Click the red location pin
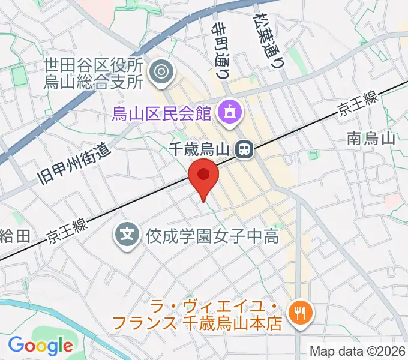[203, 175]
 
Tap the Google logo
[40, 346]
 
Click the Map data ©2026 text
[358, 351]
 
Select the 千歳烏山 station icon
[244, 148]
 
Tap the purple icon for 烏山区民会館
[229, 110]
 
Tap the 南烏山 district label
[371, 140]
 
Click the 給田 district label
[15, 236]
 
